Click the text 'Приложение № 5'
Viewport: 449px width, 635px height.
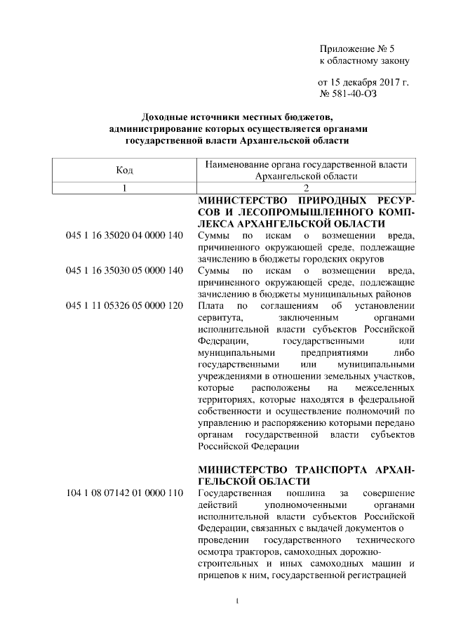(357, 48)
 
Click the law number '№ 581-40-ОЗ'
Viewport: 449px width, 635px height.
(348, 93)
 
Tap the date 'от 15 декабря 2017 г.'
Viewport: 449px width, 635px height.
(363, 82)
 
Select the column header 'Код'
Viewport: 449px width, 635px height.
(123, 170)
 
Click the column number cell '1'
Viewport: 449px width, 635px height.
(123, 189)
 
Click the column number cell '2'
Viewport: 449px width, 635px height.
(307, 189)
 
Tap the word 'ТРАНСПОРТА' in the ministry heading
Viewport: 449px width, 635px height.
(333, 469)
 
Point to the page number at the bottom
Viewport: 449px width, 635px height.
(239, 601)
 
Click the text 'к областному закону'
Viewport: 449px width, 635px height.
(364, 60)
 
